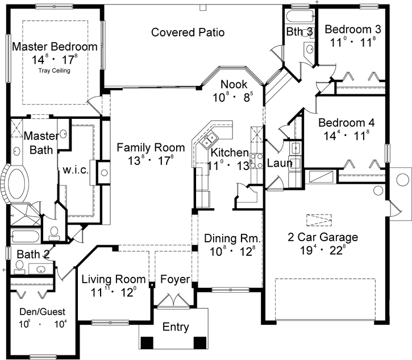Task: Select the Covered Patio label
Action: click(x=188, y=32)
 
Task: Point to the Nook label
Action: click(x=234, y=84)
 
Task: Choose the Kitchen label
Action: click(x=229, y=153)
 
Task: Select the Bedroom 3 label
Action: click(x=352, y=29)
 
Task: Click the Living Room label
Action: click(x=110, y=279)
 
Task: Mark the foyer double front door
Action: click(x=171, y=300)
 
